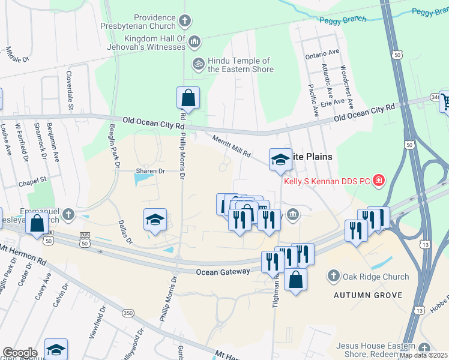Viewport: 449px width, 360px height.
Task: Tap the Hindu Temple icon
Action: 198,62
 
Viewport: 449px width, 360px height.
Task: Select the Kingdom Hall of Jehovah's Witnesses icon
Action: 194,41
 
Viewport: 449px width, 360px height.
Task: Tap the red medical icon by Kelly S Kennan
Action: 378,179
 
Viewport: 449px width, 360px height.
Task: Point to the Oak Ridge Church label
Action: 375,277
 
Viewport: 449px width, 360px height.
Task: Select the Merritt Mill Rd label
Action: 232,146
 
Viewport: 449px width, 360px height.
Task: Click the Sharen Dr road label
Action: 149,170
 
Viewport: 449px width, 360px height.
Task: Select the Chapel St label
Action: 32,179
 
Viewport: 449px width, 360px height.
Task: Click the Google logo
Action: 20,353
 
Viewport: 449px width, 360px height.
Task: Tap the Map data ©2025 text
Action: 423,355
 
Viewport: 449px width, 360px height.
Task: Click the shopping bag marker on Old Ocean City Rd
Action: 188,98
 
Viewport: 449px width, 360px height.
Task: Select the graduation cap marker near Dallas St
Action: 155,220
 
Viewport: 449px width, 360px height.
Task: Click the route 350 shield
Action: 127,313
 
